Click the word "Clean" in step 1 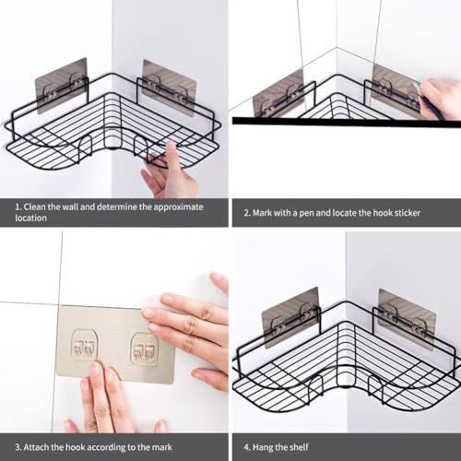tap(34, 207)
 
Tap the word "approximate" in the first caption tap(178, 207)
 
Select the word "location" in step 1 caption tap(30, 218)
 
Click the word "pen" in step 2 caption tap(307, 213)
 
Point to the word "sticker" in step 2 tap(408, 213)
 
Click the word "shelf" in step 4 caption tap(298, 447)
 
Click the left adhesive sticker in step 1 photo tap(62, 87)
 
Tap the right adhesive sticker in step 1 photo tap(170, 88)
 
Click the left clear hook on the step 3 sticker tap(85, 345)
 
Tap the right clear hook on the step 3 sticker tap(144, 349)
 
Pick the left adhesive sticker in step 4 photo tap(290, 317)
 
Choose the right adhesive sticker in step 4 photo tap(408, 320)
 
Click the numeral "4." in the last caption tap(247, 447)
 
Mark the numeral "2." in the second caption tap(247, 213)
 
